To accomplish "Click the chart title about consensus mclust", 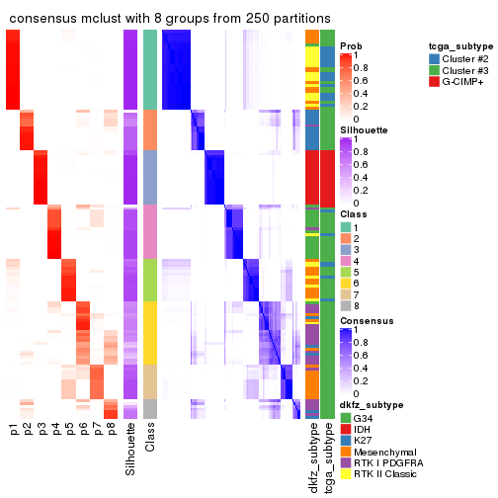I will tap(170, 17).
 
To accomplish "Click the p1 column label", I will tap(14, 430).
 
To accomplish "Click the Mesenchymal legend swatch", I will tap(346, 454).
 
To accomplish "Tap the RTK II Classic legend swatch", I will tap(346, 477).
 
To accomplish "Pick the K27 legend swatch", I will tap(346, 442).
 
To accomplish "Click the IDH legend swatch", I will tap(346, 430).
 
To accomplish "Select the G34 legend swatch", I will tap(346, 418).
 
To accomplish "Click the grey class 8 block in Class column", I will tap(150, 408).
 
